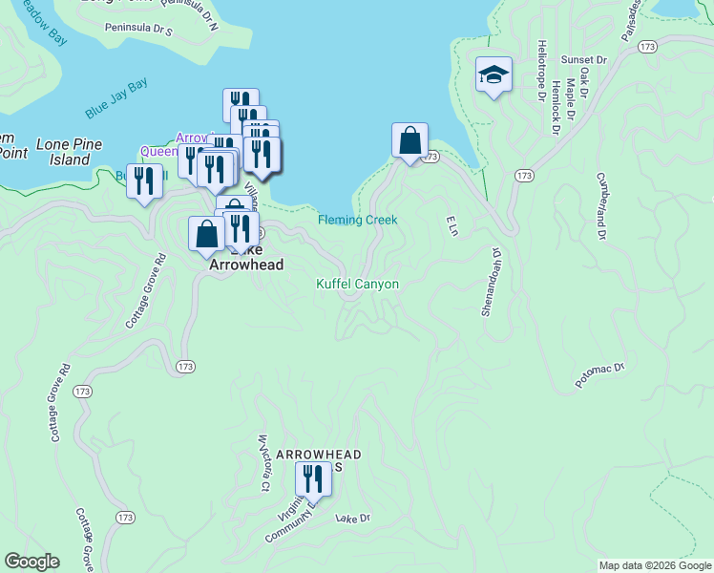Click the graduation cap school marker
pyautogui.click(x=493, y=74)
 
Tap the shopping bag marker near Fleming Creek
pyautogui.click(x=409, y=141)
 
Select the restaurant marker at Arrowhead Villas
pyautogui.click(x=313, y=477)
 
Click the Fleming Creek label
pyautogui.click(x=357, y=220)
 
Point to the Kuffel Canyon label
pyautogui.click(x=357, y=284)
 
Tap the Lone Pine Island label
pyautogui.click(x=63, y=153)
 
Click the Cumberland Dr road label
pyautogui.click(x=601, y=204)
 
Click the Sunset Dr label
pyautogui.click(x=583, y=59)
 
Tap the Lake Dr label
pyautogui.click(x=352, y=519)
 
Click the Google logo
pyautogui.click(x=31, y=562)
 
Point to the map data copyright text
pyautogui.click(x=654, y=565)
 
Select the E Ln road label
pyautogui.click(x=452, y=225)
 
